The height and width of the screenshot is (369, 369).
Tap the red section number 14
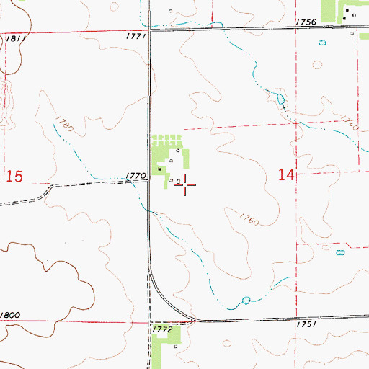pos(286,174)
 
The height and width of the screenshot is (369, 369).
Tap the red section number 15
pos(14,176)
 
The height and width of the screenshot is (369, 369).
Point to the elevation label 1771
pos(135,35)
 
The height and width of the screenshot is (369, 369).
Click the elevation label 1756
pos(306,22)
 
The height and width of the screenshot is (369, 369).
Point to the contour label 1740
pos(350,123)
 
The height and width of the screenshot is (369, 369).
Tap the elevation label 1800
pos(10,316)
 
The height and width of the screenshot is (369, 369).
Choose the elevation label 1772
pos(163,329)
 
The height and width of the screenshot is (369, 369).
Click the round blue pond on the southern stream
pos(246,299)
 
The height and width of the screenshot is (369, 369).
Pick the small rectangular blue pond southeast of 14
pos(341,253)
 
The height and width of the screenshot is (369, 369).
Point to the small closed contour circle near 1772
pos(174,345)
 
